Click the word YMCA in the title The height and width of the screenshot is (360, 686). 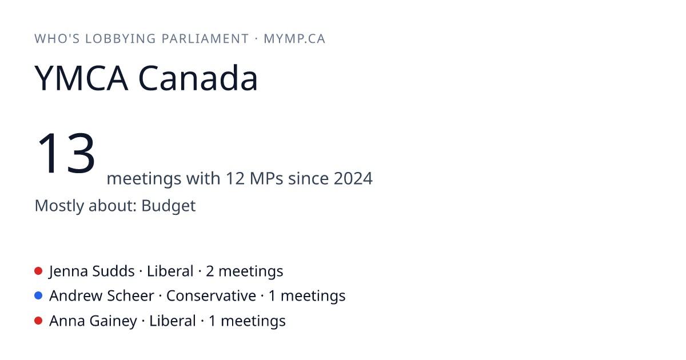point(81,78)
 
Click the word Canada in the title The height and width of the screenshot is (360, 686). point(198,78)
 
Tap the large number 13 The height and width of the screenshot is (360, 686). point(66,153)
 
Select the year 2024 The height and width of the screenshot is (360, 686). point(353,178)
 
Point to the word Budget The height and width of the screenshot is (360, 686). point(169,205)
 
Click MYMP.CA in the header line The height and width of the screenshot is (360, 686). point(294,39)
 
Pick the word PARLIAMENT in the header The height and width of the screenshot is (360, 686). point(205,39)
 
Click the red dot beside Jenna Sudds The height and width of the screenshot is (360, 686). point(38,271)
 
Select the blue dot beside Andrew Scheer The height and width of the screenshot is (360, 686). point(38,295)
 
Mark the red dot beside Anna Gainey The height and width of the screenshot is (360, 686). point(38,321)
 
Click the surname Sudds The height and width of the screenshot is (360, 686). point(113,271)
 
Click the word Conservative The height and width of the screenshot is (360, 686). point(211,296)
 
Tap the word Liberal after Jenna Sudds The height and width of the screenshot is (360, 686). point(170,271)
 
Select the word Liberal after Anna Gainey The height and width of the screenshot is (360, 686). point(173,321)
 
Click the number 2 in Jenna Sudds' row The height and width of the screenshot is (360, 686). point(210,271)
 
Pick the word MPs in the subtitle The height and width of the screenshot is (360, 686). point(266,178)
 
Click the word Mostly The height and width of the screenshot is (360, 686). point(59,205)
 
